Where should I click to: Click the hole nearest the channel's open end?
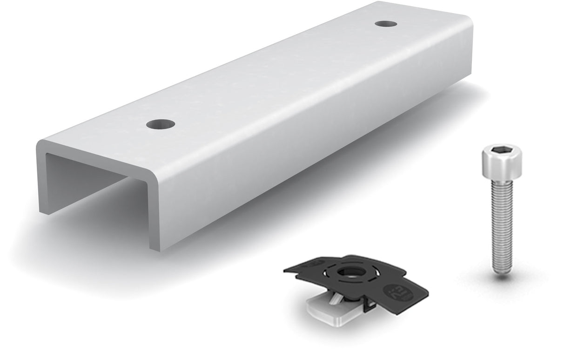(x=161, y=124)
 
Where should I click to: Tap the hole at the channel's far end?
(x=386, y=23)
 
